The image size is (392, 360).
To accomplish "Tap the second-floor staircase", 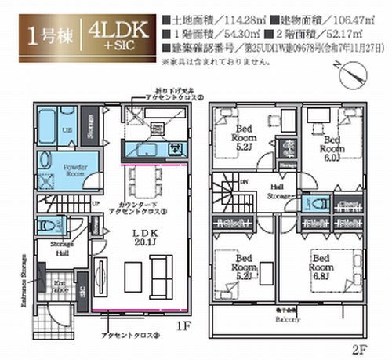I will (230, 192).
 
